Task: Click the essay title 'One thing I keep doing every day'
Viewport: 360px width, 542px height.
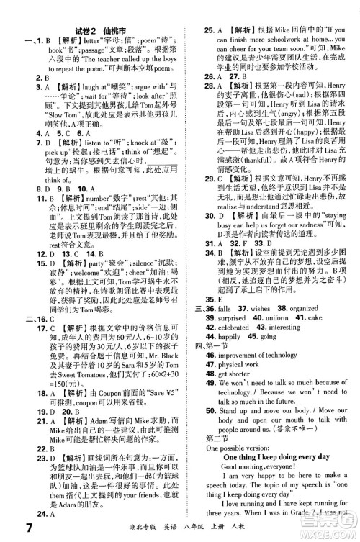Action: click(277, 456)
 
